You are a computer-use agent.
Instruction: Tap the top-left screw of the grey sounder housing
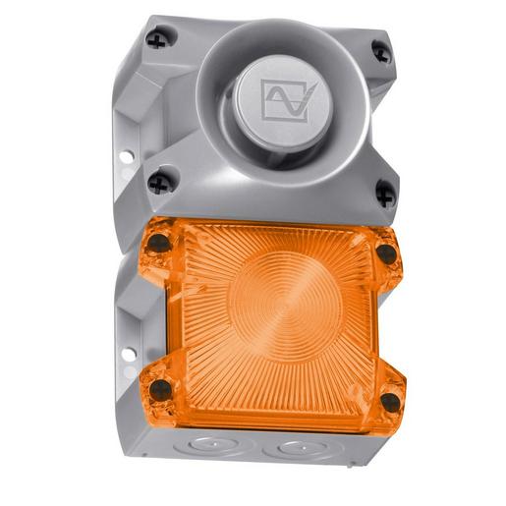pos(156,40)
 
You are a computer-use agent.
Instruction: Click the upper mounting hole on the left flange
pos(125,156)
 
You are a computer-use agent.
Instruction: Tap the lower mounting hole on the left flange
pos(125,351)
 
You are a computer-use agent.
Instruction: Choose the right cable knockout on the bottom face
pos(294,453)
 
